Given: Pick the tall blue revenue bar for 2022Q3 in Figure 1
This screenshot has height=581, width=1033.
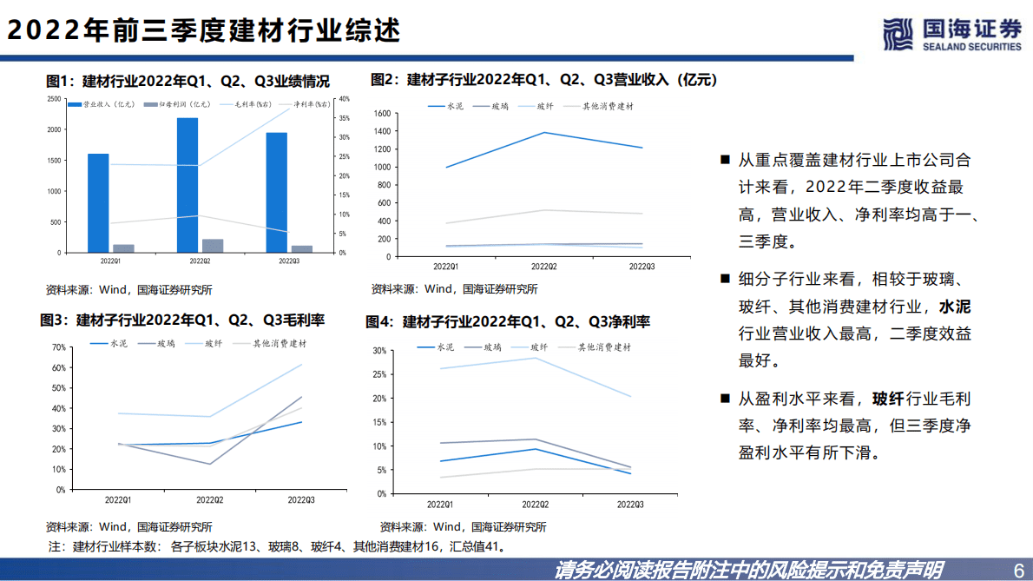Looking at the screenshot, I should pos(276,192).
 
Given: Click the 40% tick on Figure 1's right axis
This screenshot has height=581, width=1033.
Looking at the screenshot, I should pos(345,99).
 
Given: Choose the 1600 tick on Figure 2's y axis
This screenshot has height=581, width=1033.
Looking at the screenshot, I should pos(384,114).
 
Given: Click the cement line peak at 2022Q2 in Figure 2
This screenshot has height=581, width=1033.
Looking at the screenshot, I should pos(544,133).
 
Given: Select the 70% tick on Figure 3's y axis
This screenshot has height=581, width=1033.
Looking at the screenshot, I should pos(59,347).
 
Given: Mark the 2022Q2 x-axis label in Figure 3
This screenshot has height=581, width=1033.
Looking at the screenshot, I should pos(209,500).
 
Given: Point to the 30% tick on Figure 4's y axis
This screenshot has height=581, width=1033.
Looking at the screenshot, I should pos(378,351).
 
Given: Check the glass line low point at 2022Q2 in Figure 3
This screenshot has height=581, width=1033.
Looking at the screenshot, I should pos(209,464).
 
